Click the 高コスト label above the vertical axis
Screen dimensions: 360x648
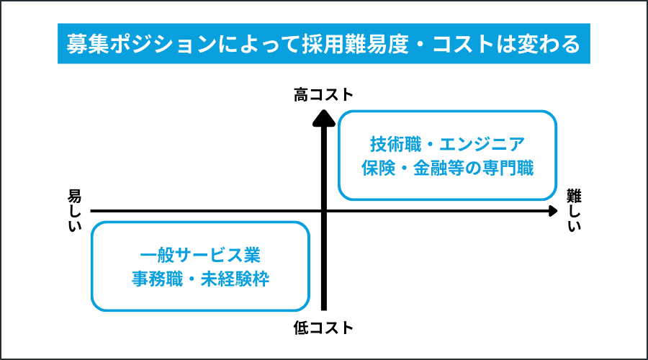click(323, 95)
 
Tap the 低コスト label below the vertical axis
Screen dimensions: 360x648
click(323, 328)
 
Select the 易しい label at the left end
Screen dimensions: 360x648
click(75, 210)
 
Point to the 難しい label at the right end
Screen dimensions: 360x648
click(573, 210)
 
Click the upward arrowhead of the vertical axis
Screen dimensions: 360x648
click(324, 115)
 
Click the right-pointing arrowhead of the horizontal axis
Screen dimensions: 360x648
click(552, 211)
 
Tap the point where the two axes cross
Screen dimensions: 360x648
click(324, 211)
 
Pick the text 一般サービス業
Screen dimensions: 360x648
click(200, 254)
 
